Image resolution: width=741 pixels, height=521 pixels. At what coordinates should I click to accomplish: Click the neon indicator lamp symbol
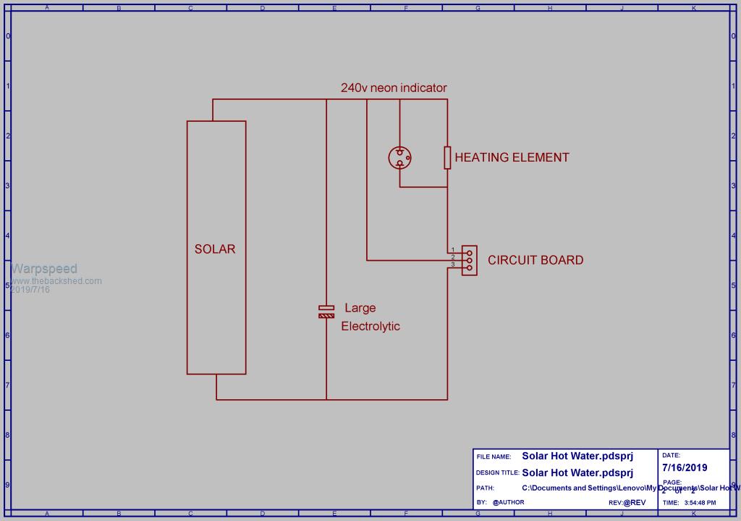coord(399,157)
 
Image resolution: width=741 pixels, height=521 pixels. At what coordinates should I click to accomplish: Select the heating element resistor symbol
coord(447,157)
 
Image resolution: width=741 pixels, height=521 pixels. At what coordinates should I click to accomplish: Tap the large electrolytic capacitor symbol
coord(326,312)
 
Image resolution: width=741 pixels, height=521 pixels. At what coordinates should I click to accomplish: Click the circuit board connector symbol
coord(469,259)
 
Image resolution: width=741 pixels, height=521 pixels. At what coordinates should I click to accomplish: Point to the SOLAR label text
coord(215,249)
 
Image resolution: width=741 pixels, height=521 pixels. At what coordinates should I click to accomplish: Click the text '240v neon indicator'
coord(394,88)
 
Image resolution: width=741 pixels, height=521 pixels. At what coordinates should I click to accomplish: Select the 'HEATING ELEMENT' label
coord(512,157)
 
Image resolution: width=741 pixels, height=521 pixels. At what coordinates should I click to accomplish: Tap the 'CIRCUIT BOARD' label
coord(535,260)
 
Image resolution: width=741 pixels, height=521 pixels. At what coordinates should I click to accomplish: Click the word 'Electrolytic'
coord(370,326)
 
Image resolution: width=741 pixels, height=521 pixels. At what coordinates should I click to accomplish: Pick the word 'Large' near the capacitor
coord(360,308)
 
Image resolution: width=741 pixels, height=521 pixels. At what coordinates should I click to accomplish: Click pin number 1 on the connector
coord(452,249)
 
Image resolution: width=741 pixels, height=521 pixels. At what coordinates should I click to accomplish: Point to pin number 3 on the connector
coord(452,264)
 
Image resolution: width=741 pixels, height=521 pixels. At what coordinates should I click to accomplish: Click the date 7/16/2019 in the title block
coord(685,467)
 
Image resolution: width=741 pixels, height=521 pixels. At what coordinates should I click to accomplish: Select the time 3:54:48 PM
coord(700,502)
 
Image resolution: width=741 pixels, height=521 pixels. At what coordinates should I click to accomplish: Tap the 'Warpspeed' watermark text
coord(43,269)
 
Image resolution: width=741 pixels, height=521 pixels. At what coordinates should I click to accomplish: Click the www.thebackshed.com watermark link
coord(56,281)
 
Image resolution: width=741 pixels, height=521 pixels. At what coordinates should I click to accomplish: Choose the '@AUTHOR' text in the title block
coord(508,502)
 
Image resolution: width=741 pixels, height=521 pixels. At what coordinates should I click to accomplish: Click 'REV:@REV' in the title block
coord(627,502)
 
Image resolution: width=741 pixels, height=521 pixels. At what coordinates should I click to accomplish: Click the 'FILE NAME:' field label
coord(494,457)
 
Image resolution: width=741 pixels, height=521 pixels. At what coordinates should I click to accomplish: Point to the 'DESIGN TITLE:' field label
coord(497,472)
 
